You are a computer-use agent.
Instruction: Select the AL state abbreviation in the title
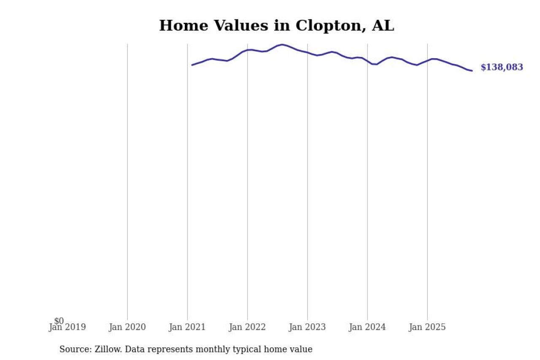[x=383, y=26]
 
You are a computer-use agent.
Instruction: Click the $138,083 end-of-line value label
[x=502, y=68]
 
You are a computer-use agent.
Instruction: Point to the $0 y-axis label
[x=59, y=321]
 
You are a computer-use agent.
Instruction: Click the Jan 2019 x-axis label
[x=67, y=327]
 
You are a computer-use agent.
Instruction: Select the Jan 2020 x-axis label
[x=127, y=327]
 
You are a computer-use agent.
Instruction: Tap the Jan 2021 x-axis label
[x=187, y=327]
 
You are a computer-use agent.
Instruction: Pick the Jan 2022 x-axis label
[x=247, y=327]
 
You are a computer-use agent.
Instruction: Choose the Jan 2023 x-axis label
[x=307, y=327]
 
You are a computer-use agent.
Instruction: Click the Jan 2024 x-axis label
[x=367, y=327]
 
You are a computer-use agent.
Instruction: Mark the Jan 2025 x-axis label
[x=427, y=327]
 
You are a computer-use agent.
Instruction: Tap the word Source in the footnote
[x=73, y=349]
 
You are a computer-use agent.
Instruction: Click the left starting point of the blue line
[x=192, y=65]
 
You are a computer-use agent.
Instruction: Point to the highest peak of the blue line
[x=282, y=44]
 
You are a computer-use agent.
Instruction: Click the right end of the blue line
[x=472, y=71]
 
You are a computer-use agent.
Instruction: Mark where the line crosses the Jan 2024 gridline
[x=367, y=61]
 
